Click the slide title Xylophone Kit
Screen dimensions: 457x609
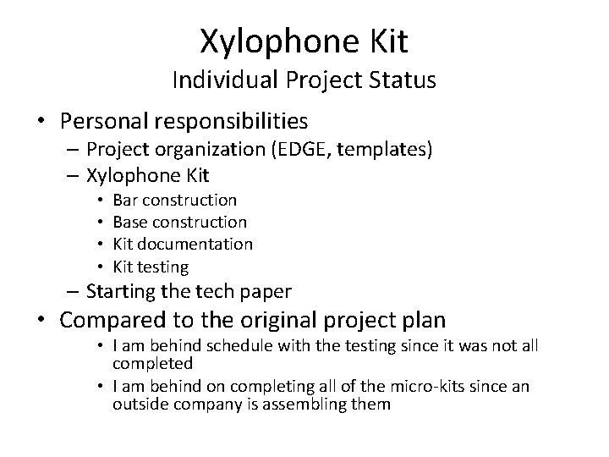click(x=304, y=38)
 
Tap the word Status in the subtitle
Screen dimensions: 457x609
click(x=404, y=80)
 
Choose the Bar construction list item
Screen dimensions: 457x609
click(x=175, y=200)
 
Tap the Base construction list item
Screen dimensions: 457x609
click(x=180, y=222)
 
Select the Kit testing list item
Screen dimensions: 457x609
click(x=151, y=266)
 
